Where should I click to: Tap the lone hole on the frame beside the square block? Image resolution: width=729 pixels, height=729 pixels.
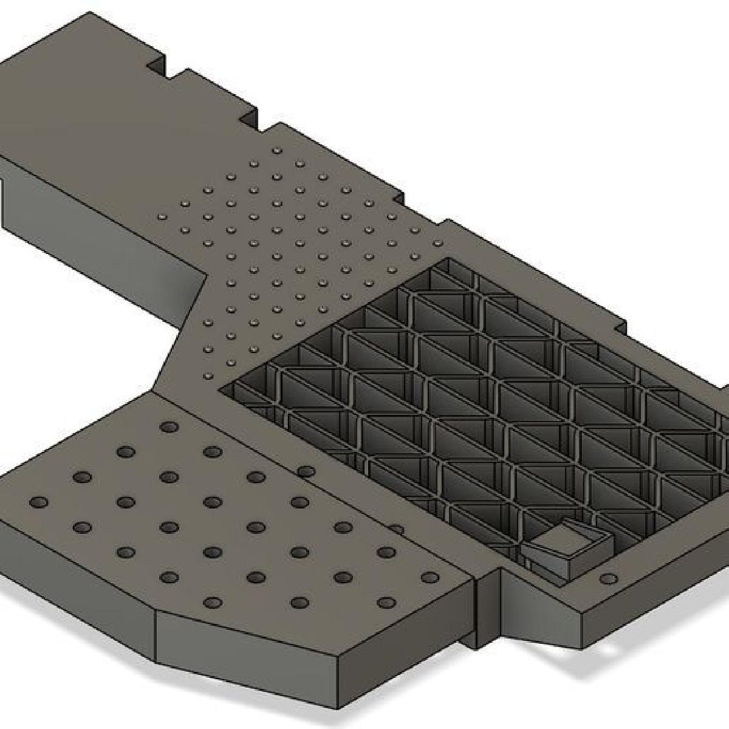point(609,578)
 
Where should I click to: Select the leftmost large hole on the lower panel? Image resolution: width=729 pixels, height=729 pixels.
point(39,502)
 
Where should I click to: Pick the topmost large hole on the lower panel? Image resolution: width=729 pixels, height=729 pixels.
point(168,427)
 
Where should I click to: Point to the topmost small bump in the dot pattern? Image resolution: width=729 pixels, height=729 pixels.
point(278,150)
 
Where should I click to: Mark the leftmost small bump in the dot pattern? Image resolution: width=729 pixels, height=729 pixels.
point(162,216)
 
